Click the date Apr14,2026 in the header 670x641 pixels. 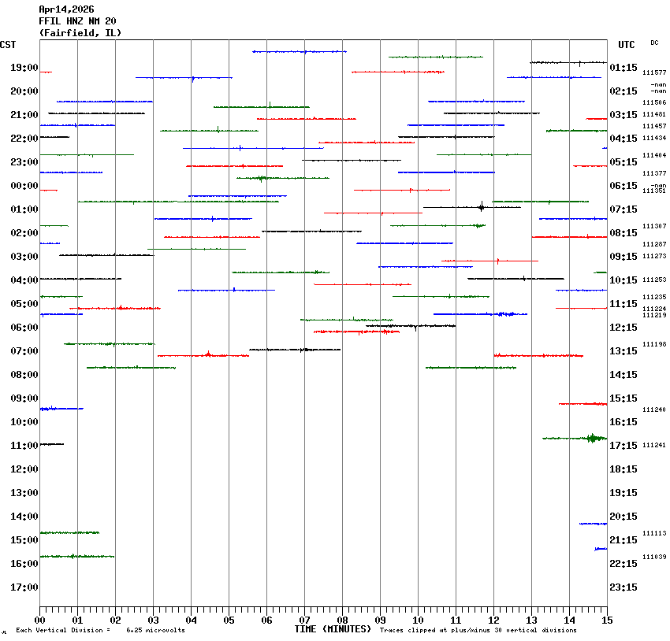click(x=66, y=9)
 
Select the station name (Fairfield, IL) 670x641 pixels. click(x=80, y=33)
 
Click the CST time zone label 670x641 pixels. click(x=8, y=45)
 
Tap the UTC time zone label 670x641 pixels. click(x=627, y=45)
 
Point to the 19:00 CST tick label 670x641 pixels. click(x=24, y=68)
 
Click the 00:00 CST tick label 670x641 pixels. click(x=24, y=186)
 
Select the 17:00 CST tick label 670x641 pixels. click(x=24, y=587)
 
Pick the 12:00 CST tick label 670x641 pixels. click(x=24, y=469)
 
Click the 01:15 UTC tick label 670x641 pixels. click(x=623, y=68)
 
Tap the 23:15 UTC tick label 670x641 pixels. click(x=623, y=587)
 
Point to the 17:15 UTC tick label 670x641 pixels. click(x=623, y=446)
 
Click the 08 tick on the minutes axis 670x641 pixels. click(x=342, y=621)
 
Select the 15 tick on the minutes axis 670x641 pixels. click(x=607, y=621)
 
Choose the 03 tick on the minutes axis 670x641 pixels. click(x=153, y=621)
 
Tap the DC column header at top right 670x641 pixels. click(x=654, y=43)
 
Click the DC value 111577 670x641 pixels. click(x=654, y=72)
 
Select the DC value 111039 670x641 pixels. click(x=654, y=557)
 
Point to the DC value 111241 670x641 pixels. click(x=654, y=446)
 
